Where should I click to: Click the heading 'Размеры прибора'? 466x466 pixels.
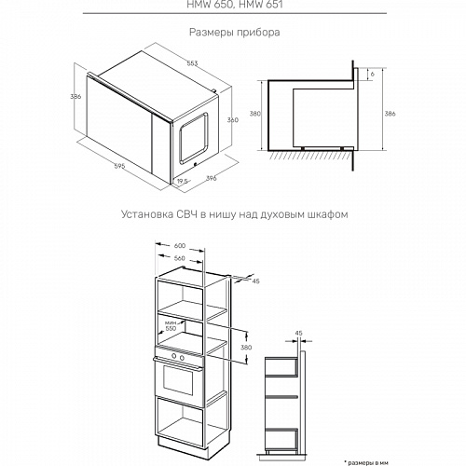click(234, 33)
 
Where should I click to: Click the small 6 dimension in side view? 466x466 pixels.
click(372, 73)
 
